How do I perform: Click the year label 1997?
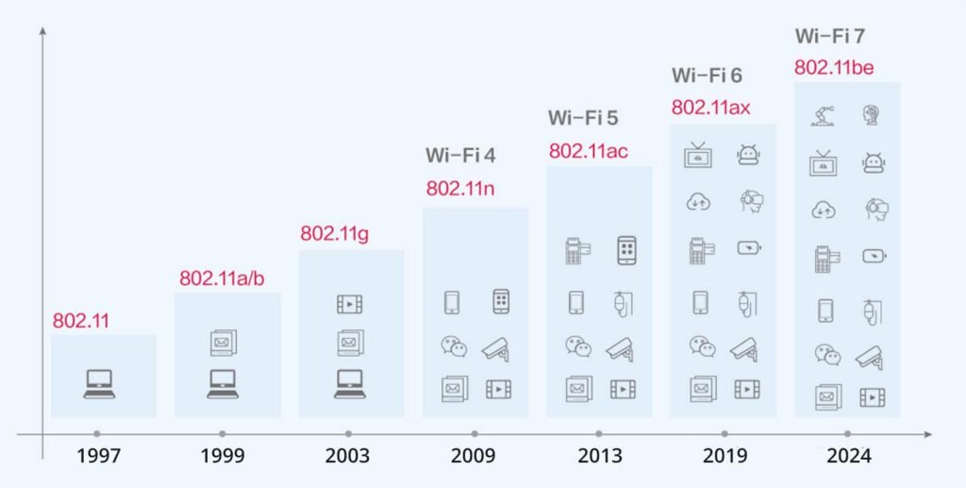click(99, 456)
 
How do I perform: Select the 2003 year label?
click(348, 456)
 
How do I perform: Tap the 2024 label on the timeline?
click(847, 456)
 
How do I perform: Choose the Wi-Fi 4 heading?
click(460, 155)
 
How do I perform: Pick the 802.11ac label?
click(589, 151)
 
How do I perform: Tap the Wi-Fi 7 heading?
click(830, 37)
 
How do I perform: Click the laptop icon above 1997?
click(99, 383)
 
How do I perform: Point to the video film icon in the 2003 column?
click(350, 304)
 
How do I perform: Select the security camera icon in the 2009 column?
click(496, 348)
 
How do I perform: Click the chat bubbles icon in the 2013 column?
click(578, 346)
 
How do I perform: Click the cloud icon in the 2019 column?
click(699, 201)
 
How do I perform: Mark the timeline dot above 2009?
click(474, 434)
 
